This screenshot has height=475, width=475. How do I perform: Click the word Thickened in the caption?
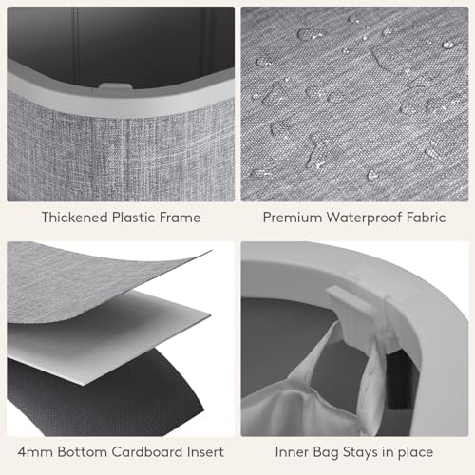(x=75, y=218)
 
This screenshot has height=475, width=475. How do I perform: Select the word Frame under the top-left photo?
(x=180, y=218)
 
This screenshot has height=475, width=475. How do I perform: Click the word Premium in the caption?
(x=293, y=218)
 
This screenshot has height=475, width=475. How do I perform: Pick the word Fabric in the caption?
(x=427, y=218)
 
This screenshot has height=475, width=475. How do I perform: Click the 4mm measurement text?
(x=35, y=452)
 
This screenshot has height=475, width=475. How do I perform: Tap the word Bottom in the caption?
(x=82, y=452)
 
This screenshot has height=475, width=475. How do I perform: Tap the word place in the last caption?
(x=415, y=453)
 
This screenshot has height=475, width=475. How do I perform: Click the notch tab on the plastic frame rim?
(x=115, y=86)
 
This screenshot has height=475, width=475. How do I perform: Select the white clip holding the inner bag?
(x=359, y=313)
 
